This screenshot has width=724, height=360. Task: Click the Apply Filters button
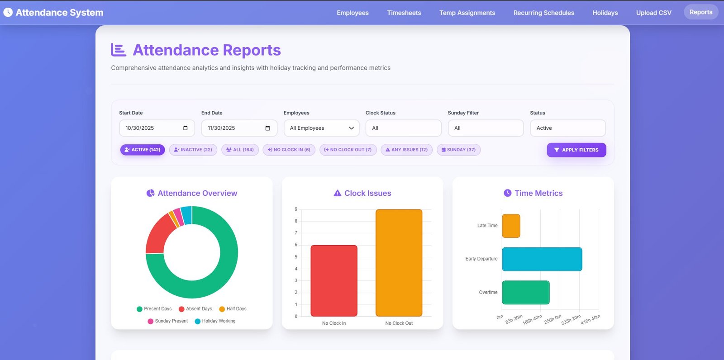click(x=576, y=150)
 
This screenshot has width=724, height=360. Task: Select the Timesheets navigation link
click(x=404, y=13)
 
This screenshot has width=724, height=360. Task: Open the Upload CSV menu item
click(x=653, y=13)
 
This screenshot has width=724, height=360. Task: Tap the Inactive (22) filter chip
click(x=193, y=150)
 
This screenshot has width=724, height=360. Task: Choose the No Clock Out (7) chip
click(x=348, y=150)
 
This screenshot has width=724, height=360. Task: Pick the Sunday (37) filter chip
click(x=458, y=150)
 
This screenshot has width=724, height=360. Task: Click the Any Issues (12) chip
click(x=406, y=150)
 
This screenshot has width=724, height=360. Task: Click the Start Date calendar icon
click(x=185, y=128)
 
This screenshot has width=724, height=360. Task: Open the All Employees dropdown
click(x=321, y=128)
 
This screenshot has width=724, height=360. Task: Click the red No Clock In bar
click(x=334, y=280)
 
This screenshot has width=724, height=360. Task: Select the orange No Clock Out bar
click(x=399, y=263)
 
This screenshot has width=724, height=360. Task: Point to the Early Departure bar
click(x=542, y=259)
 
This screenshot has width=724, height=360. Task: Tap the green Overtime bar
click(x=525, y=293)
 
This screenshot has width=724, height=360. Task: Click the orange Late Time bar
click(x=511, y=226)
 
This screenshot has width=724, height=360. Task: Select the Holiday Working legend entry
click(x=215, y=321)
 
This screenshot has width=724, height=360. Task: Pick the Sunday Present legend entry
click(x=167, y=321)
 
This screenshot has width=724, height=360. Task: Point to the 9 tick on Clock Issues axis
click(x=296, y=209)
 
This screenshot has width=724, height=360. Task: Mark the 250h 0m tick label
click(x=553, y=319)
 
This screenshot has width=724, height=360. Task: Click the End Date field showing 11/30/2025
click(x=239, y=128)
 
